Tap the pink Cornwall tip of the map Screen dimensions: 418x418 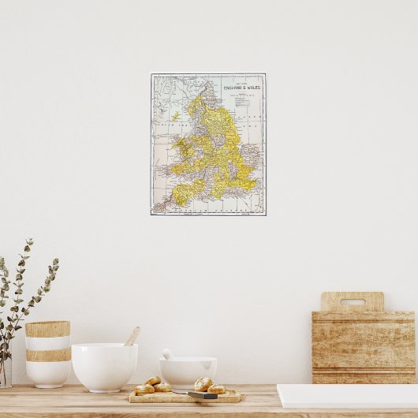(x=162, y=206)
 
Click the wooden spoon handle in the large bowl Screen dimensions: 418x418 (x=132, y=336)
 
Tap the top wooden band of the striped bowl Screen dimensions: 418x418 (x=47, y=329)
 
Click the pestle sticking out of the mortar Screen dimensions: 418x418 (x=168, y=354)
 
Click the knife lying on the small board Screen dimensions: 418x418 (x=203, y=394)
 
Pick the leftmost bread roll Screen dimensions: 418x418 (x=144, y=389)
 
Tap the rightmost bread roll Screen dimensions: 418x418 (x=216, y=389)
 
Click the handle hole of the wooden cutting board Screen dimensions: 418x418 (x=353, y=301)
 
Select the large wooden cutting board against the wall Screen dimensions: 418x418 (x=363, y=343)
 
